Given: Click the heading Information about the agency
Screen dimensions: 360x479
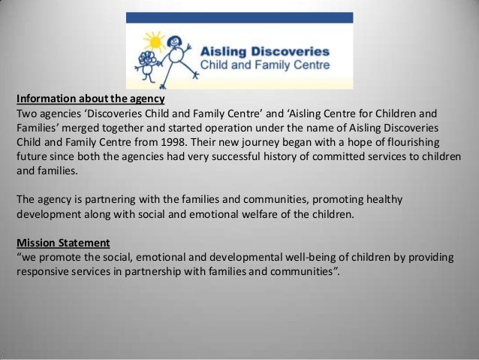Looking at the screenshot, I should tap(90, 98).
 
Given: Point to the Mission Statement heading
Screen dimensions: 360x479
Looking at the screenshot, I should tap(63, 243).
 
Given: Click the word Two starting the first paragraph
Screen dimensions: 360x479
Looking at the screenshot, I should tap(26, 113).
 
